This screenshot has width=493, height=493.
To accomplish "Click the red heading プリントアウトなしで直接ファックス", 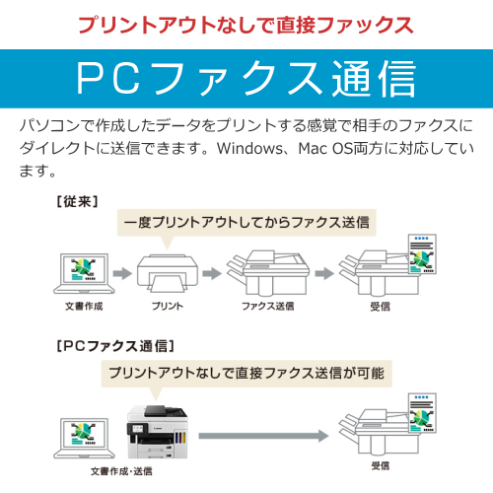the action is pyautogui.click(x=246, y=25).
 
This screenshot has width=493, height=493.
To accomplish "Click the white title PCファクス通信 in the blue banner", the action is pyautogui.click(x=246, y=79).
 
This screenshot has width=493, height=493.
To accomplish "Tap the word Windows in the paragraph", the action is pyautogui.click(x=249, y=148).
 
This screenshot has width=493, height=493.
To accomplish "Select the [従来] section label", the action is pyautogui.click(x=77, y=201).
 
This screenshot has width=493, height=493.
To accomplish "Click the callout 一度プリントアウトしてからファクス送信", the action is pyautogui.click(x=246, y=223).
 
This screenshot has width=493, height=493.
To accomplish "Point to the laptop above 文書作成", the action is pyautogui.click(x=84, y=273).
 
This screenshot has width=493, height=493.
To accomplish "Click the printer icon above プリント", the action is pyautogui.click(x=168, y=273).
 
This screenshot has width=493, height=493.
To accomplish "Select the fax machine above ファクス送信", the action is pyautogui.click(x=268, y=272).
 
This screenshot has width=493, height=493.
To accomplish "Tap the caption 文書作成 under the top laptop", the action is pyautogui.click(x=84, y=307).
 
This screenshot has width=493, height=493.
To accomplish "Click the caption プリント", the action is pyautogui.click(x=168, y=307).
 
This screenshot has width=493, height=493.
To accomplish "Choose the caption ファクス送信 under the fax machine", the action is pyautogui.click(x=268, y=307).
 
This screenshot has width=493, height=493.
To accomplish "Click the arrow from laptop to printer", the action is pyautogui.click(x=122, y=273).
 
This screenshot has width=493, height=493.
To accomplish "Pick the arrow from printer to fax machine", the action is pyautogui.click(x=212, y=273).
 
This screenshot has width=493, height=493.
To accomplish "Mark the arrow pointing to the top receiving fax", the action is pyautogui.click(x=324, y=273).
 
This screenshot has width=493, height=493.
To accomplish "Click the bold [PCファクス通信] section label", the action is pyautogui.click(x=115, y=346).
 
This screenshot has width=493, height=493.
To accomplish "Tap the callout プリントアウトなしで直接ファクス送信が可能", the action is pyautogui.click(x=246, y=374).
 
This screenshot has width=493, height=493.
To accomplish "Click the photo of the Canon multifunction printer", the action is pyautogui.click(x=157, y=432).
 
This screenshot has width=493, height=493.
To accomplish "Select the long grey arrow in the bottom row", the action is pyautogui.click(x=263, y=436).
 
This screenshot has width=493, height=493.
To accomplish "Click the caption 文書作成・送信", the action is pyautogui.click(x=121, y=471).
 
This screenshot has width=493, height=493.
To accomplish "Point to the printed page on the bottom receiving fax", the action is pyautogui.click(x=422, y=413).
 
